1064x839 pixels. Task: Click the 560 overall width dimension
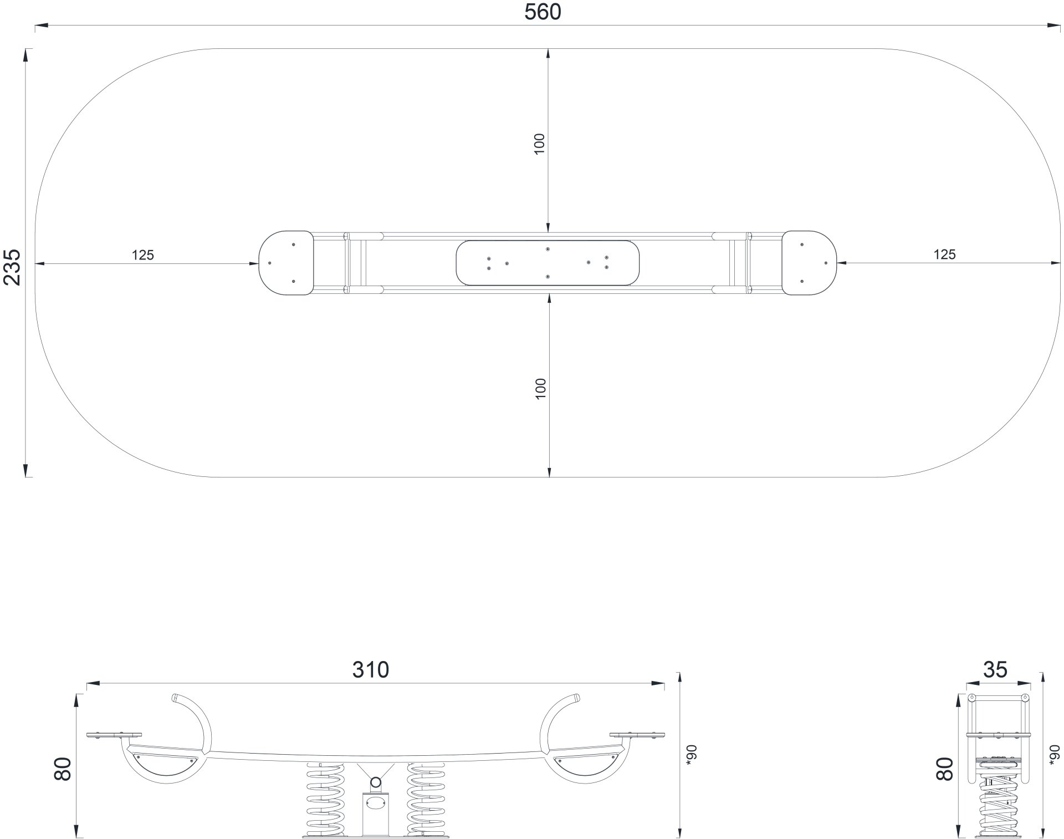[x=543, y=12]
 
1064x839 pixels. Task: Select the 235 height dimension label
[x=12, y=267]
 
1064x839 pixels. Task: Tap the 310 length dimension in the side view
[x=371, y=670]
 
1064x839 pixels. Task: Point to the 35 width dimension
[x=995, y=670]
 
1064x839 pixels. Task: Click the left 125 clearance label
[x=143, y=255]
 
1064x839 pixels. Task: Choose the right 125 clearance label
[x=944, y=255]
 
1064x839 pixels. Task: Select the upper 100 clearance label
[x=540, y=144]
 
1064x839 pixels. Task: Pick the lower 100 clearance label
[x=541, y=389]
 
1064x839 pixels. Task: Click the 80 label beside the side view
[x=63, y=769]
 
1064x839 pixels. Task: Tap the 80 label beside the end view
[x=945, y=769]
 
